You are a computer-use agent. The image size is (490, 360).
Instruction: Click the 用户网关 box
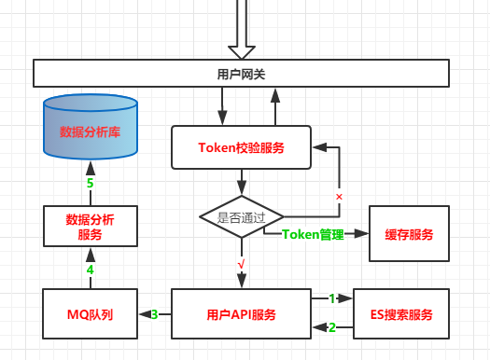click(241, 73)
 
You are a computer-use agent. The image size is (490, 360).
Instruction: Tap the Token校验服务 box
click(241, 148)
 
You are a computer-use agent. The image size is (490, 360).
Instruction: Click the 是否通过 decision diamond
click(241, 217)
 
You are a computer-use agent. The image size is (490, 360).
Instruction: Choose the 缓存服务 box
click(409, 234)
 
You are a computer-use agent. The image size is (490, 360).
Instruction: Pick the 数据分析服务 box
click(90, 228)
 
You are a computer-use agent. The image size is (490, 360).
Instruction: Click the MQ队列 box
click(90, 314)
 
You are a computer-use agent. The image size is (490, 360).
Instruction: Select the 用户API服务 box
click(241, 314)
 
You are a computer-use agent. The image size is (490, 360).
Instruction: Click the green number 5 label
click(90, 184)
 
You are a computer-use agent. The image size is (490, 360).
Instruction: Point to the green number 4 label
click(90, 270)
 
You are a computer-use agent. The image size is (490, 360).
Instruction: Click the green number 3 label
click(155, 314)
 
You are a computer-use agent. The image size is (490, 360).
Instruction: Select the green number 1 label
click(331, 298)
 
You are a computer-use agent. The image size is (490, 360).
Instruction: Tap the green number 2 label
click(331, 327)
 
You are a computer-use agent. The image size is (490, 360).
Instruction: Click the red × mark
click(339, 198)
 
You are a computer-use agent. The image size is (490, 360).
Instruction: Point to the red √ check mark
click(241, 265)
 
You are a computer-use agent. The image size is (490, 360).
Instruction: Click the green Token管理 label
click(313, 234)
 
